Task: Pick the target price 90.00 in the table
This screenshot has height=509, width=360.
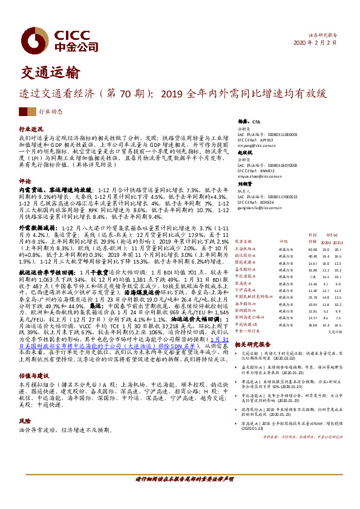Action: coord(312,248)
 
